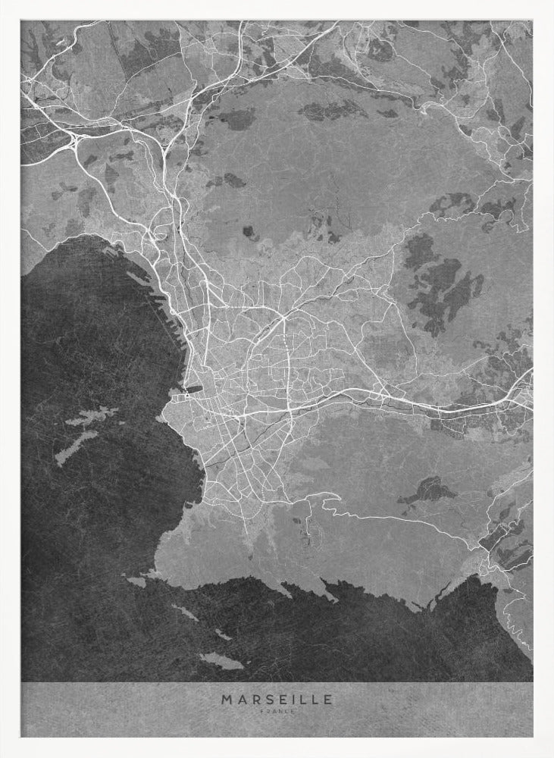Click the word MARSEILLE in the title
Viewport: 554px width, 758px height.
(x=277, y=700)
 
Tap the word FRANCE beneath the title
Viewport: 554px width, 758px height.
(x=277, y=711)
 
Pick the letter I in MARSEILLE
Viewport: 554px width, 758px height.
(x=290, y=700)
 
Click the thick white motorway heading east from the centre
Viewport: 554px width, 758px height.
(x=394, y=398)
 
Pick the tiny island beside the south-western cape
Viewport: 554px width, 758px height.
(x=136, y=582)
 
